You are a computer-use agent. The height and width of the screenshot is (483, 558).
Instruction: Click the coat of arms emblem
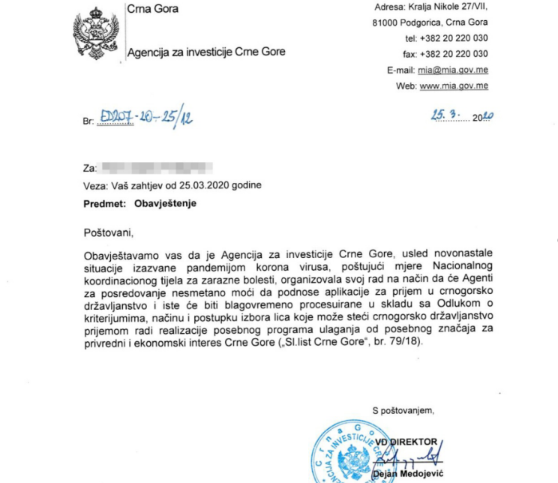[95, 34]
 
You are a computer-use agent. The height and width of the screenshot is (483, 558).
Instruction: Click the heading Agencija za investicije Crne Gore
[205, 52]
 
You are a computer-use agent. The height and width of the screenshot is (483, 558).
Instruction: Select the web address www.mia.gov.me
[454, 86]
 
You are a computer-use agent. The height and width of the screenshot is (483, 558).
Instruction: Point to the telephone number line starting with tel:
[446, 38]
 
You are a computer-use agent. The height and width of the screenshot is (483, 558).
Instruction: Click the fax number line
[446, 54]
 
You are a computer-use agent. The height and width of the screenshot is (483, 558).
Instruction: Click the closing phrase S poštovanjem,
[403, 409]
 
